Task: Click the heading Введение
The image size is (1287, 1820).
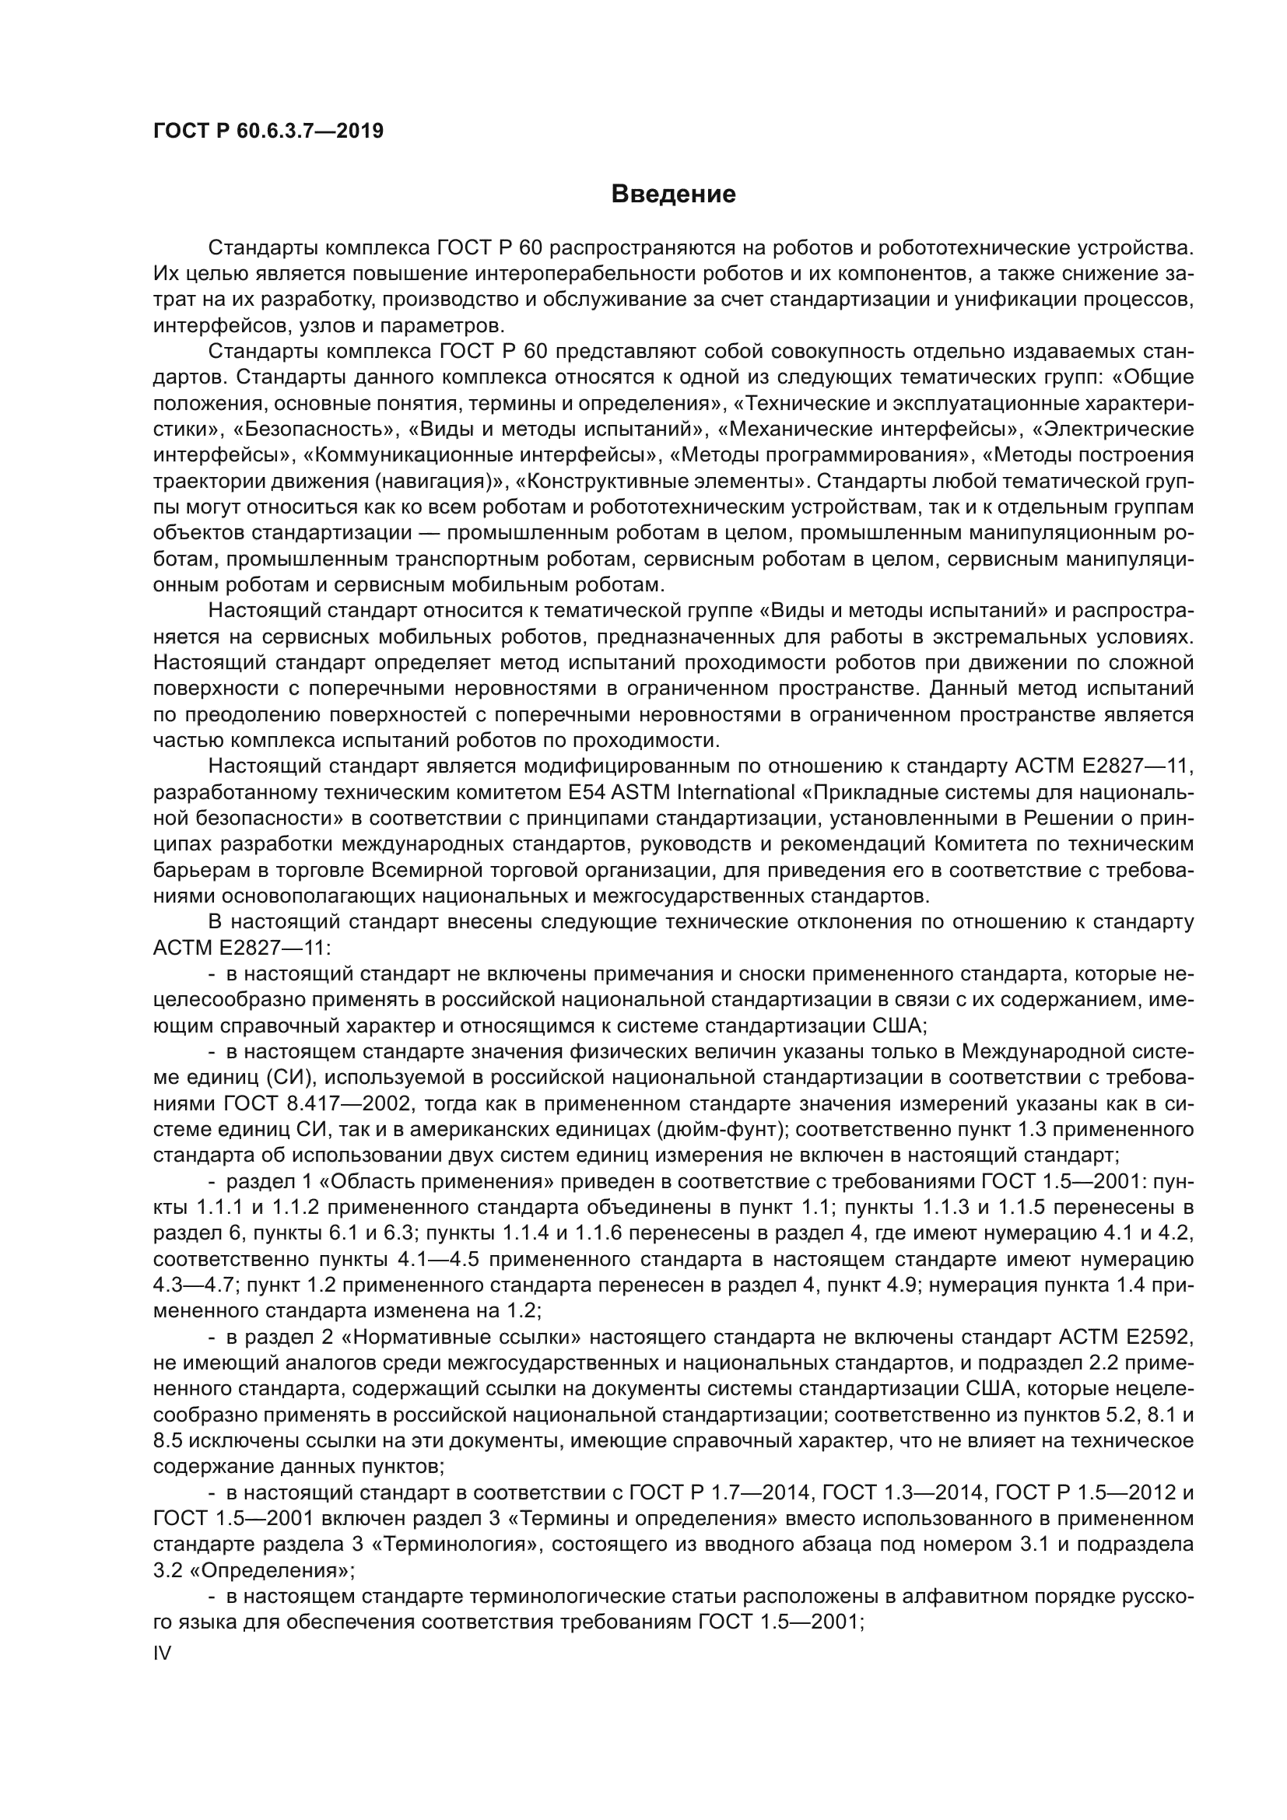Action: [673, 195]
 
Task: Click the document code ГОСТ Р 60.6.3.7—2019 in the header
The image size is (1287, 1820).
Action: [268, 131]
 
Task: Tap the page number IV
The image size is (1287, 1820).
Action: [162, 1653]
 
